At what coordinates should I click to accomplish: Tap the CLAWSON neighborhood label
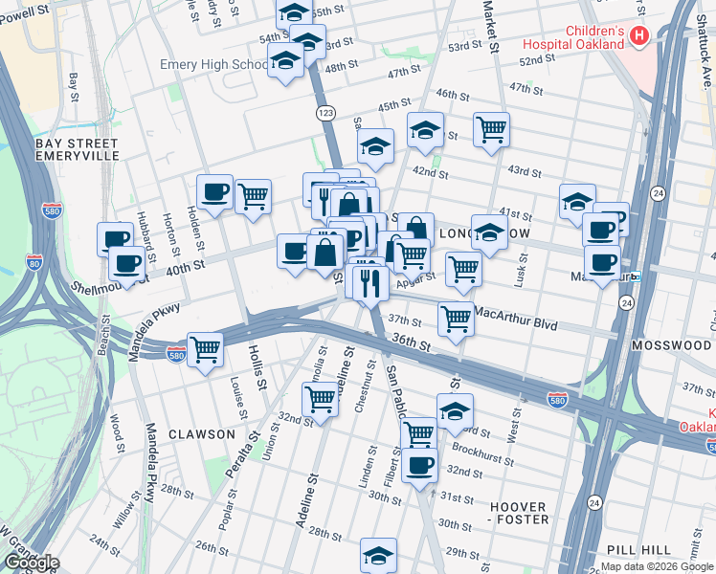(201, 434)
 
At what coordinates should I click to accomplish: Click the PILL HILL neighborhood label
(639, 549)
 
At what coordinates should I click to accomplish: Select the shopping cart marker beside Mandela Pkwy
(205, 349)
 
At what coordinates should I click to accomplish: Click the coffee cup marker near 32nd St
(419, 465)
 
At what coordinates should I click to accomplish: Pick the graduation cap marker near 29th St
(378, 555)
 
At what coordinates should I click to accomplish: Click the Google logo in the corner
(31, 563)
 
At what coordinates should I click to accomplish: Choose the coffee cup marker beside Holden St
(214, 190)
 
